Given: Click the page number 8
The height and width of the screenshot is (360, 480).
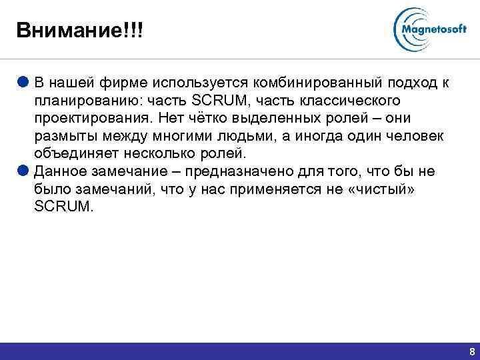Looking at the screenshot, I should pyautogui.click(x=472, y=351).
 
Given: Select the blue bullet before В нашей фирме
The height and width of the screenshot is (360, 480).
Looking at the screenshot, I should pyautogui.click(x=23, y=83).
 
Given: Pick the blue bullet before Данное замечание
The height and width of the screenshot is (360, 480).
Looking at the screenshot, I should pyautogui.click(x=23, y=172).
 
